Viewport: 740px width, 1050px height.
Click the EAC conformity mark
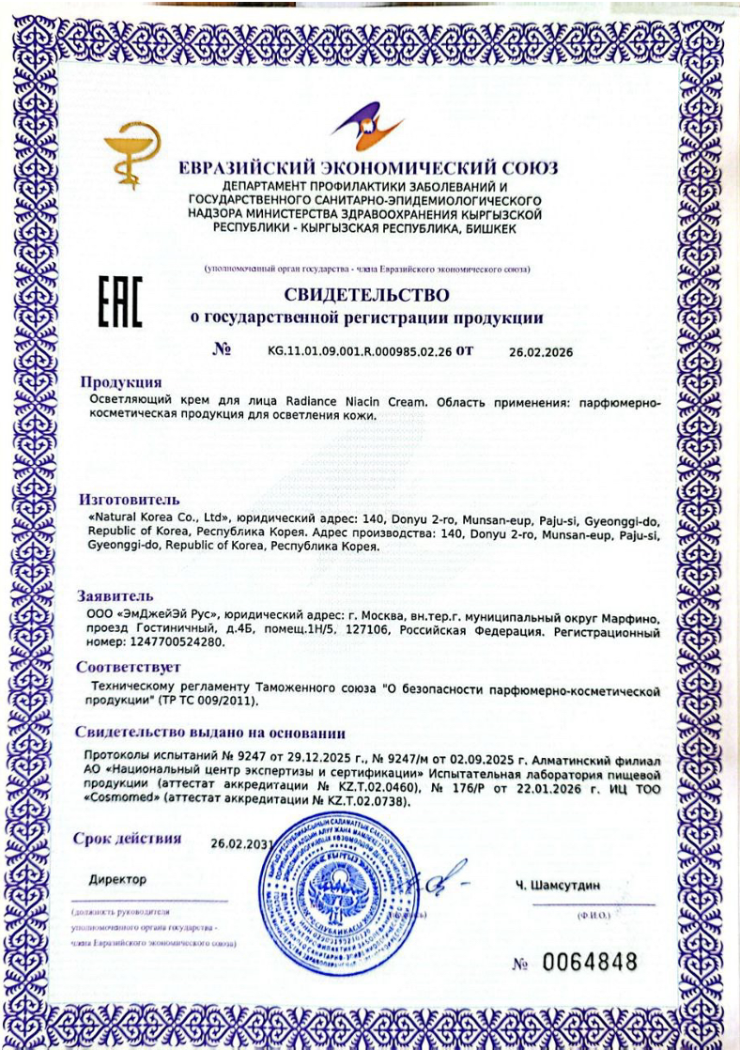click(x=120, y=302)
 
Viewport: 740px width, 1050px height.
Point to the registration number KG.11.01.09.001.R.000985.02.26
click(x=366, y=352)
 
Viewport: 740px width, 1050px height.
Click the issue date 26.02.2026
click(x=540, y=352)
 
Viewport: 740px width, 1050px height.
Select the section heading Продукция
click(x=120, y=382)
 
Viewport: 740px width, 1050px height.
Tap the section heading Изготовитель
click(x=129, y=500)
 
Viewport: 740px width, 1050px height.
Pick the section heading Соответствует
click(x=128, y=668)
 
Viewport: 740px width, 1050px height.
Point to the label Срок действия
click(x=128, y=839)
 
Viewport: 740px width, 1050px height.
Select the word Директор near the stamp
click(x=118, y=879)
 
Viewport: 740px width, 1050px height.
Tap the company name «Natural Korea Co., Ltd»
click(x=159, y=519)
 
